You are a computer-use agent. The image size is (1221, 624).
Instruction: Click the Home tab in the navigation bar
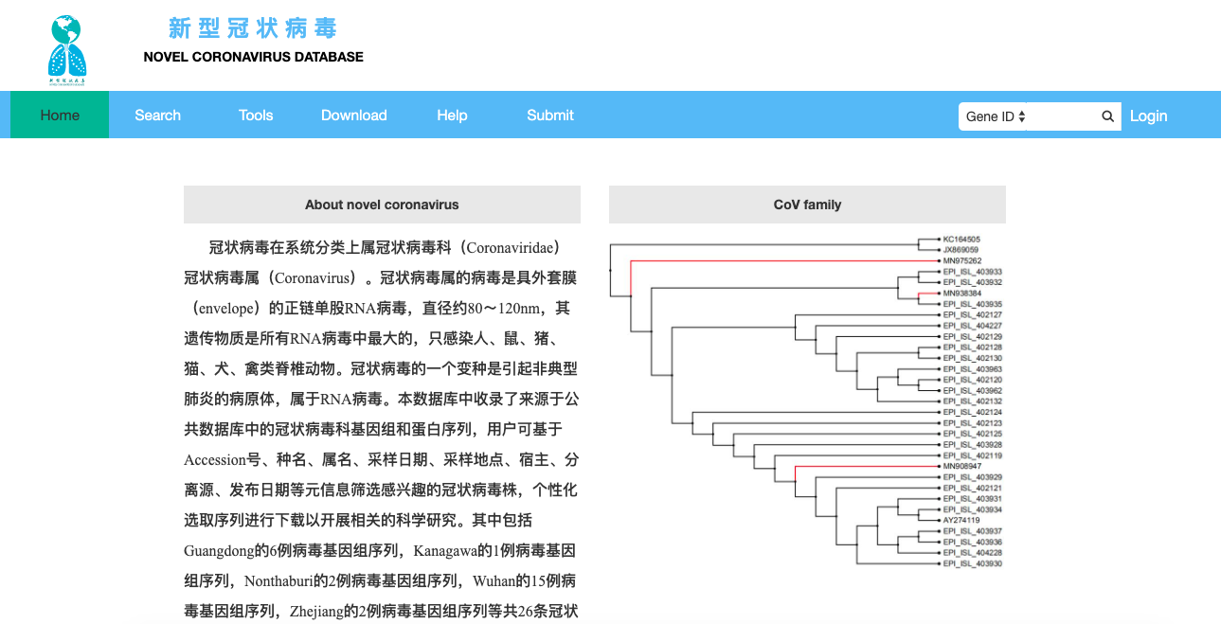coord(60,116)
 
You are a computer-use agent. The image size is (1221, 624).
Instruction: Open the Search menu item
coord(157,116)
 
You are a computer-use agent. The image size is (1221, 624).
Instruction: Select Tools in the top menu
coord(256,116)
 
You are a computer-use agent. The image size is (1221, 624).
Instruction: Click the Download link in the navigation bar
coord(353,116)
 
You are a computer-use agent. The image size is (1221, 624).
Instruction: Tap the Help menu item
coord(452,116)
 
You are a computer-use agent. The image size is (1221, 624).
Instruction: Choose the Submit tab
coord(550,116)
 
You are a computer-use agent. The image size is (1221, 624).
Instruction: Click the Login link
coord(1148,116)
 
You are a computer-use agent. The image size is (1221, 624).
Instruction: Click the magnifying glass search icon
coord(1107,116)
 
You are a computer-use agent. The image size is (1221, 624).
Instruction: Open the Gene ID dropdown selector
coord(996,116)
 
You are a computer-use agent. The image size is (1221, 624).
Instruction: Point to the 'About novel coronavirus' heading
coord(382,205)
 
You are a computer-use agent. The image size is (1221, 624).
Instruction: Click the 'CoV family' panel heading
coord(807,205)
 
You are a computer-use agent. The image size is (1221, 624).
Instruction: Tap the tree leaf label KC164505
coord(961,240)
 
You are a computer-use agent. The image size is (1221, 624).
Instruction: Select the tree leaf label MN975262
coord(961,260)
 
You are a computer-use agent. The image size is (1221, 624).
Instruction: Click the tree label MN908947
coord(961,466)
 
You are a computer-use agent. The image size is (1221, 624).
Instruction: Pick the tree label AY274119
coord(961,520)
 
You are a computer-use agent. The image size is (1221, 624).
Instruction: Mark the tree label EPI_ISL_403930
coord(972,563)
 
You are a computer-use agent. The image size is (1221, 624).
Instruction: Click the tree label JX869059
coord(961,250)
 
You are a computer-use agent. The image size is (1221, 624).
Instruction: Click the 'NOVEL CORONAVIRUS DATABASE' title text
coord(253,57)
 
